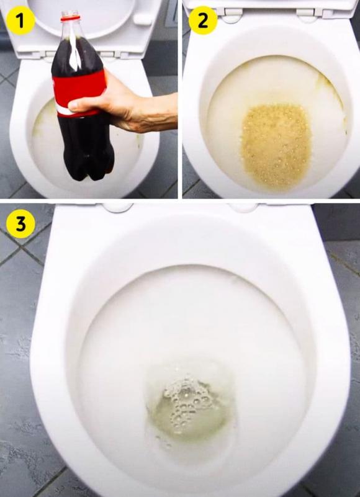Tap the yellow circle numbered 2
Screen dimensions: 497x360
tap(203, 21)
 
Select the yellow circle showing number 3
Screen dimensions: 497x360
tap(21, 225)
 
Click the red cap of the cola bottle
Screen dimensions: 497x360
tap(70, 15)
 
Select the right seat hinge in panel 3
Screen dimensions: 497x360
tap(243, 207)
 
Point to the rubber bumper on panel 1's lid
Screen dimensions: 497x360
tap(143, 19)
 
